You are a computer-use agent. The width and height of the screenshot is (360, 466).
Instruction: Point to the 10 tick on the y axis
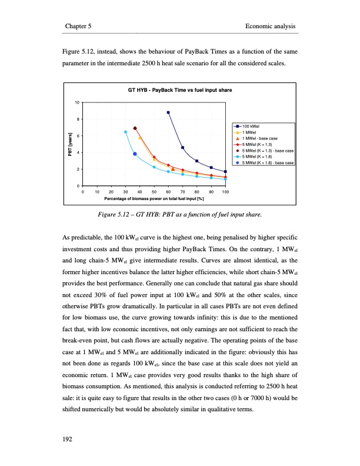point(78,103)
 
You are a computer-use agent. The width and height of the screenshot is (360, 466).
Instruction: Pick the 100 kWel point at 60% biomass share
point(168,112)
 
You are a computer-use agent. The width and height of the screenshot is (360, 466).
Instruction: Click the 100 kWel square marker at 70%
point(182,147)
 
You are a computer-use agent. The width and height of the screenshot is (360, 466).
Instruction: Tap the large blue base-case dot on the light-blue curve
point(135,154)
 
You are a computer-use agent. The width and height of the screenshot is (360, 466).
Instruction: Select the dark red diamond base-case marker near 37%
point(135,128)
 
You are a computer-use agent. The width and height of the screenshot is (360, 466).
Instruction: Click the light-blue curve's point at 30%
point(125,132)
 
